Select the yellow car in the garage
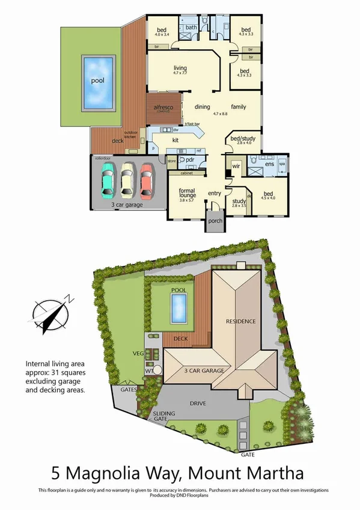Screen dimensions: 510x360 (127, 179)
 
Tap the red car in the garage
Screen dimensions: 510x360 (147, 179)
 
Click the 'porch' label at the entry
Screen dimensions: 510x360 (215, 221)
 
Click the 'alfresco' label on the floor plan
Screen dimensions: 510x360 (165, 106)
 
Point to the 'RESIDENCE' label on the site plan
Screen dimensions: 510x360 (240, 321)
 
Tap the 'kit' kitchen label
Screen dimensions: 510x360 (176, 140)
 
